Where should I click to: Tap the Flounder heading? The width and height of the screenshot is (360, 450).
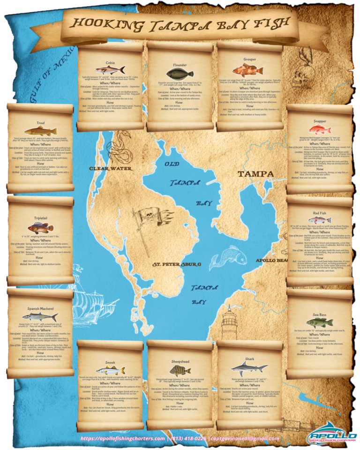pos(179,66)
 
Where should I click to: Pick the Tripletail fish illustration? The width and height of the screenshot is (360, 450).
pos(40,228)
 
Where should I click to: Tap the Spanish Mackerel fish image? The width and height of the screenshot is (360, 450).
pos(40,317)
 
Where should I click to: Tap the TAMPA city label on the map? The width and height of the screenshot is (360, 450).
pos(255,174)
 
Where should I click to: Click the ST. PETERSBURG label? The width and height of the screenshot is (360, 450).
pos(177,264)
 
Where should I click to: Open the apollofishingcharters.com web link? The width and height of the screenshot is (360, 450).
pos(123,439)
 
